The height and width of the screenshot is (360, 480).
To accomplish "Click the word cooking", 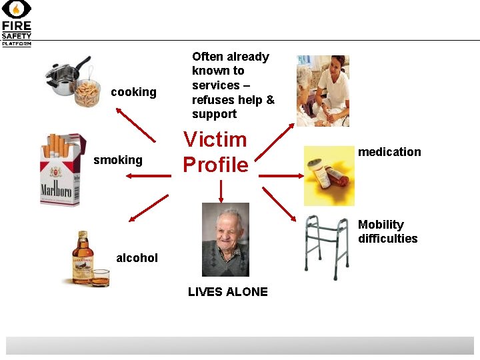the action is [x=133, y=92].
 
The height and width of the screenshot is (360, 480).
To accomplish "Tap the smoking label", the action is [x=118, y=160].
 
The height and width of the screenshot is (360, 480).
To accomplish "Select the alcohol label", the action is [x=137, y=257].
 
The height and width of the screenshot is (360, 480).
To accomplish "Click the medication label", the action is [x=389, y=152].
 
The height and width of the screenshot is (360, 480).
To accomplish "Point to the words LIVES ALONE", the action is [x=228, y=291].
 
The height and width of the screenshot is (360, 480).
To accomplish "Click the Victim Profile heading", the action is [x=215, y=152].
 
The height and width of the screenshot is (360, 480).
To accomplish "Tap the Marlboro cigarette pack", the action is [x=61, y=170].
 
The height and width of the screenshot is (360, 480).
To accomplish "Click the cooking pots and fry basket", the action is [x=73, y=81].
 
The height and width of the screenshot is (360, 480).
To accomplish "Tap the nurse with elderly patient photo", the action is [x=323, y=91].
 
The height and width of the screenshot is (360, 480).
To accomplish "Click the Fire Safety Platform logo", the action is [x=16, y=23].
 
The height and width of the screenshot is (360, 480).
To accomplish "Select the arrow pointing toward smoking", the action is [x=148, y=176].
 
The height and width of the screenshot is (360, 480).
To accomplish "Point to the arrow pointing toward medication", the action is [x=281, y=176].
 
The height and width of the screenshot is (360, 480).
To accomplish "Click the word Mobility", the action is [x=381, y=225].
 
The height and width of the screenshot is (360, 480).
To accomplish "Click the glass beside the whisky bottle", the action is [x=100, y=277].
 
